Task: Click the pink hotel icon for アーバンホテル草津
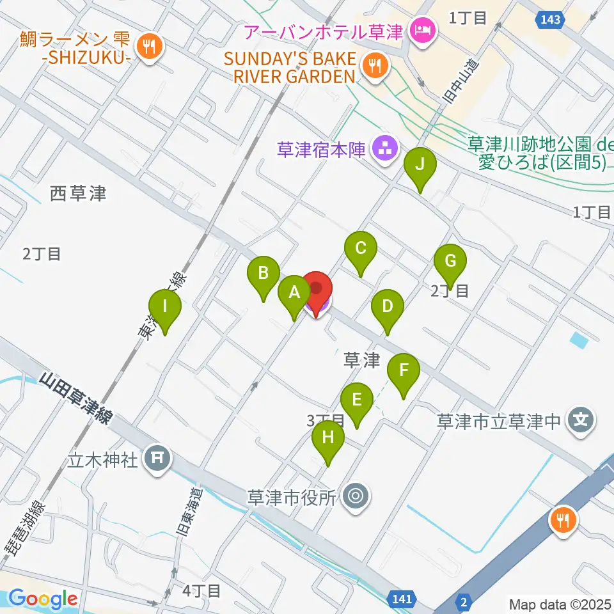coord(422,28)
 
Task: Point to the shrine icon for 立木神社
coord(157,457)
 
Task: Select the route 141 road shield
coord(399,599)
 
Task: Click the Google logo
coord(43,599)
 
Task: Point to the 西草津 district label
coord(78,193)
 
